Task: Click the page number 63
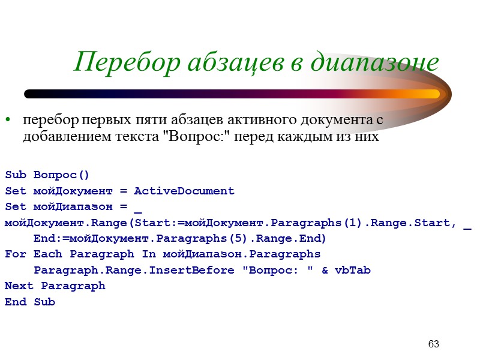tap(433, 344)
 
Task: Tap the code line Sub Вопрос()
tap(47, 175)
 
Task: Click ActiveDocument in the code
tap(184, 191)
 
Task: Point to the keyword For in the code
tap(15, 254)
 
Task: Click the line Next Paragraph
tap(55, 286)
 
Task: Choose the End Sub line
tap(30, 302)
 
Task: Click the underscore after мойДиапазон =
tap(138, 208)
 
